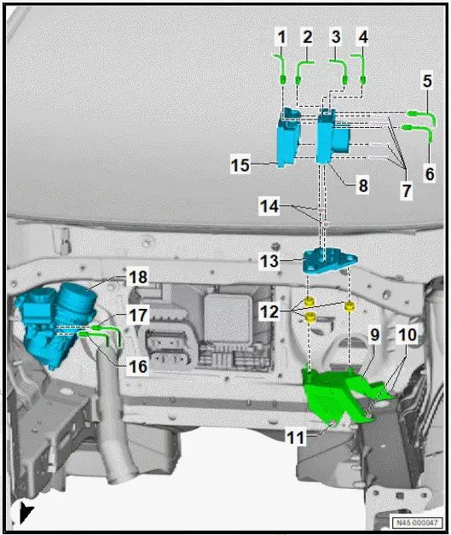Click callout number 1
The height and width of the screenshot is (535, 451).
click(x=280, y=37)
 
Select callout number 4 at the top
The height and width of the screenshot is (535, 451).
click(x=363, y=37)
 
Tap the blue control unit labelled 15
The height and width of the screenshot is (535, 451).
click(x=287, y=140)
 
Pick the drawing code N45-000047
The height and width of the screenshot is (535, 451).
click(x=419, y=522)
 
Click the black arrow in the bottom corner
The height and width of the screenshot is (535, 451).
click(x=26, y=512)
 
